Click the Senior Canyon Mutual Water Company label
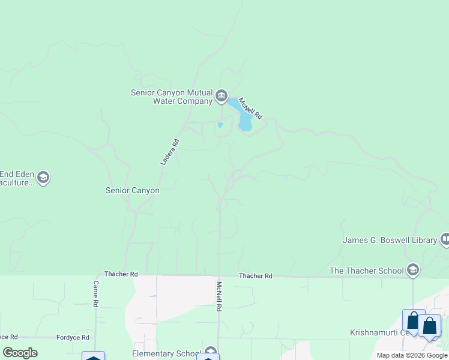point(172,97)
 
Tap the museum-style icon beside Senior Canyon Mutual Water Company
point(221,96)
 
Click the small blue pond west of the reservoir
point(220,125)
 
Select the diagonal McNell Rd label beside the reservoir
point(251,107)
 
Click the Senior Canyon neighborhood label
point(133,190)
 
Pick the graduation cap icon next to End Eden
point(43,178)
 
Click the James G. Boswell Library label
point(390,240)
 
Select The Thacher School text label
point(366,271)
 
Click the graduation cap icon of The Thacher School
point(412,271)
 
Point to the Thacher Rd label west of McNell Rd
point(121,274)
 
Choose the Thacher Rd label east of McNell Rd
point(256,276)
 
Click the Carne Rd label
point(95,293)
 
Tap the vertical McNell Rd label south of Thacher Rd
point(219,296)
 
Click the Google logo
point(20,353)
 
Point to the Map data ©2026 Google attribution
point(411,355)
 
